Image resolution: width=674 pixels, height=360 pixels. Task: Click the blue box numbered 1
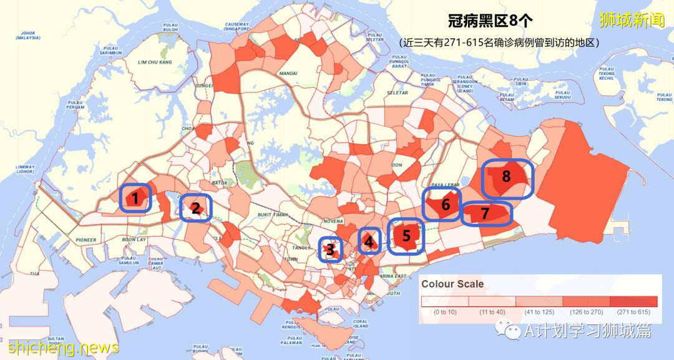click(135, 198)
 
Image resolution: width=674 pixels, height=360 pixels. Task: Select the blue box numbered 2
click(196, 208)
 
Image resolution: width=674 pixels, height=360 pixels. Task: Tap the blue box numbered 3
click(330, 250)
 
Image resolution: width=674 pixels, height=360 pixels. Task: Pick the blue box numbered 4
click(369, 241)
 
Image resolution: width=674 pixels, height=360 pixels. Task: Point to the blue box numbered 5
click(406, 236)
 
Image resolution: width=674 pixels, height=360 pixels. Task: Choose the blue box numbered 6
click(442, 205)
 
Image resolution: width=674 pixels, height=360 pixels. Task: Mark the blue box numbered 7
click(486, 213)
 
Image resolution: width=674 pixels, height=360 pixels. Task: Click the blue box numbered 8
click(507, 178)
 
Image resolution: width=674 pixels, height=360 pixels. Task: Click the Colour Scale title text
click(452, 283)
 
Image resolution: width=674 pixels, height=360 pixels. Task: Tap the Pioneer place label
click(86, 240)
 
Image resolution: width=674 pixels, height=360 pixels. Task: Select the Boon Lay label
click(134, 240)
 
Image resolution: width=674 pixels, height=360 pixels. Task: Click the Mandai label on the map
click(288, 73)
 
